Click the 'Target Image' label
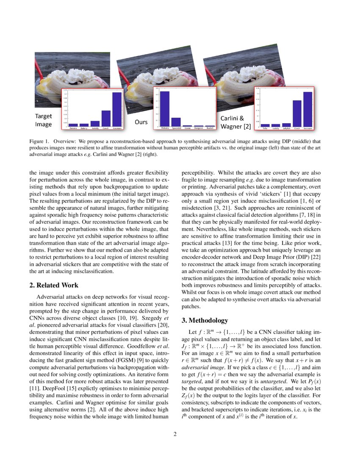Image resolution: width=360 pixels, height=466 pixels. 43,120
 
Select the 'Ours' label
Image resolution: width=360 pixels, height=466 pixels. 141,122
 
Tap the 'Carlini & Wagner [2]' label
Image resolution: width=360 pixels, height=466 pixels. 235,122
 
